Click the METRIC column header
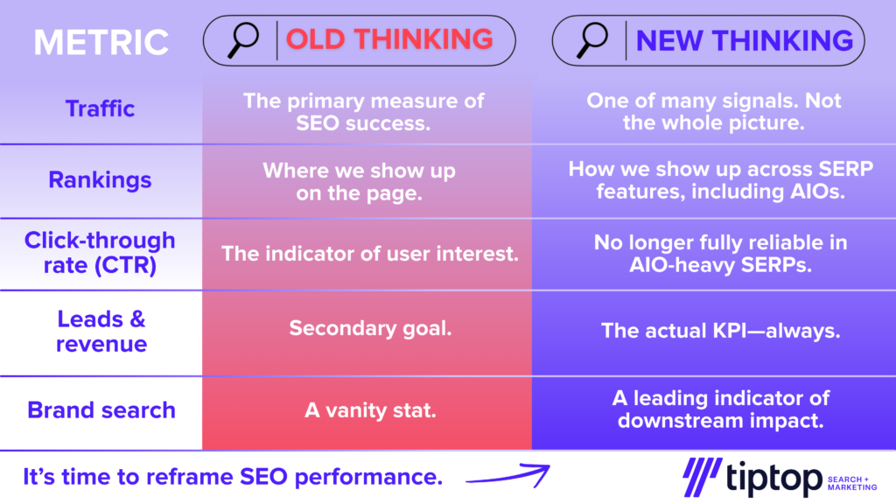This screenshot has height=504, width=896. [x=101, y=42]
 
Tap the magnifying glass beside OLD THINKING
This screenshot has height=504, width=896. [x=243, y=40]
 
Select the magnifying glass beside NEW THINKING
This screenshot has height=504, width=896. [x=592, y=40]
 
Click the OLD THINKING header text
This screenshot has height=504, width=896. [x=389, y=39]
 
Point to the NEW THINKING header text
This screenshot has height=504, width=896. [x=744, y=40]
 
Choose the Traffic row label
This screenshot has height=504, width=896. [x=100, y=108]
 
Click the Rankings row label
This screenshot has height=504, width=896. [x=100, y=180]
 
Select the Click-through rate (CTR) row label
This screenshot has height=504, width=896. [x=100, y=253]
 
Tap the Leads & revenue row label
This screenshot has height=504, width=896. [x=101, y=332]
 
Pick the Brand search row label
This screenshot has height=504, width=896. [x=101, y=410]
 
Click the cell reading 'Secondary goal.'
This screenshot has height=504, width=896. [x=370, y=329]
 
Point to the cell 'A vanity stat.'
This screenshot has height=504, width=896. [x=370, y=410]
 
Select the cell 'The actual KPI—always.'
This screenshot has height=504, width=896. [x=721, y=331]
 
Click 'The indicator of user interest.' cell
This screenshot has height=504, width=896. [x=370, y=254]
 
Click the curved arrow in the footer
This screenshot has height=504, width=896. [x=507, y=476]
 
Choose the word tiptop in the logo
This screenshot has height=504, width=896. [x=773, y=478]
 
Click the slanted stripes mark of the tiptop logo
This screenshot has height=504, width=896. [x=703, y=477]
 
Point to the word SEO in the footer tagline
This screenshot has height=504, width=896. [x=263, y=477]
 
